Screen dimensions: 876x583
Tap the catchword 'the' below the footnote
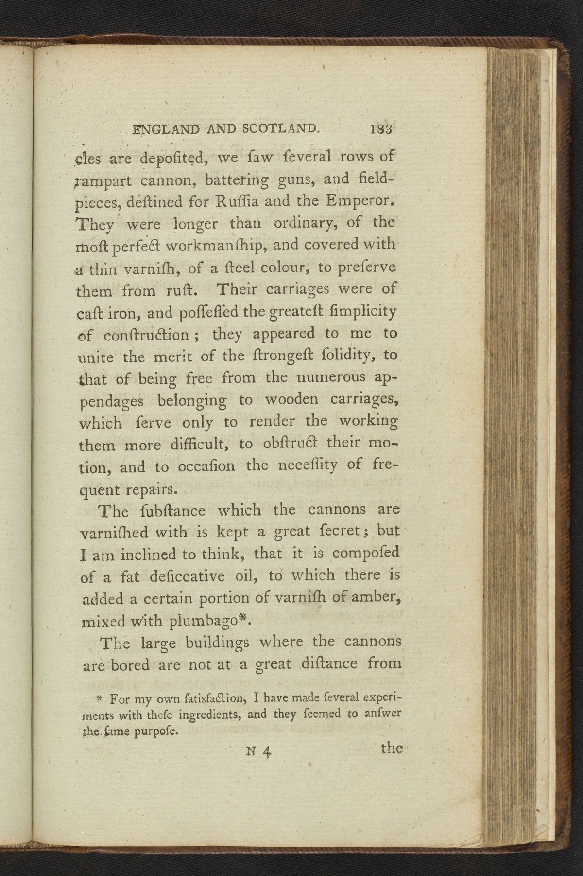tap(392, 748)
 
